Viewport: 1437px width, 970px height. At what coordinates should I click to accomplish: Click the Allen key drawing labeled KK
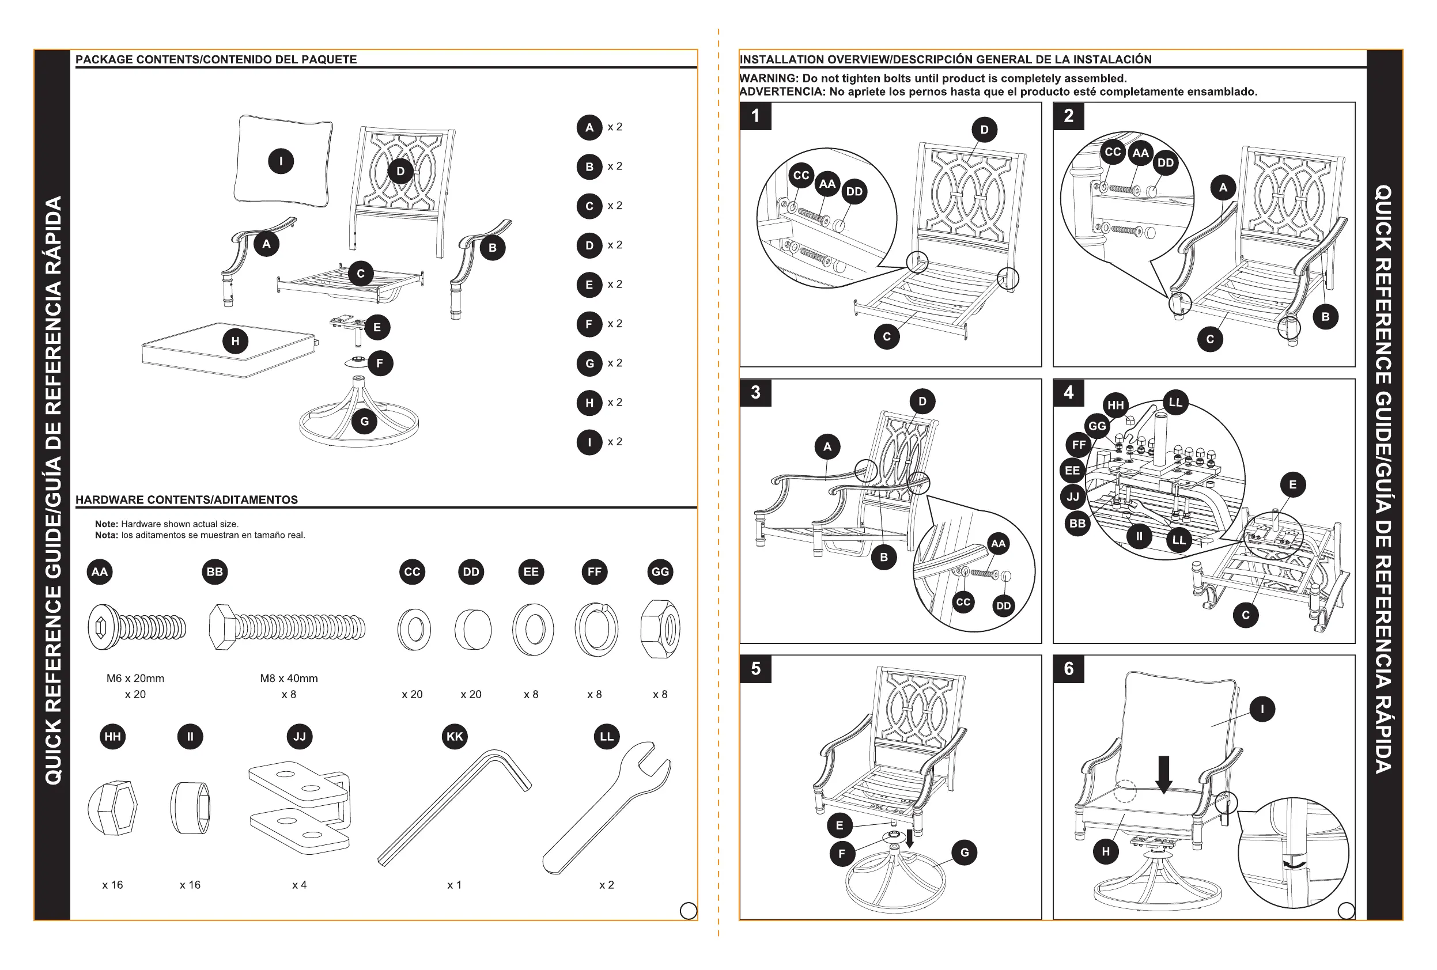[455, 807]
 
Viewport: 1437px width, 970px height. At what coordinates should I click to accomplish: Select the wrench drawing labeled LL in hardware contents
[606, 807]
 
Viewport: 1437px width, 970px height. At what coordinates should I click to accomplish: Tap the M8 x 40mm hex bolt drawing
[288, 627]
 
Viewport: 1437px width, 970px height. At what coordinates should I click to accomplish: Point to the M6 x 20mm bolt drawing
[136, 627]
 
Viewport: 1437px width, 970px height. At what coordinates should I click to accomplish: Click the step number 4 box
[1068, 393]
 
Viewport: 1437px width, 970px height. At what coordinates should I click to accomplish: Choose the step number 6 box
[1068, 669]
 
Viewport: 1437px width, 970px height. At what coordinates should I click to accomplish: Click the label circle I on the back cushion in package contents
[281, 161]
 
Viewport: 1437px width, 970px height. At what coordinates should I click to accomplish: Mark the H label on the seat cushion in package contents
[235, 340]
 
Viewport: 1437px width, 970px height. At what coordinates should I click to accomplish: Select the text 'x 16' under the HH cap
[112, 885]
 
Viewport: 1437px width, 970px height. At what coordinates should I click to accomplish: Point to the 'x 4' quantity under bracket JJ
[299, 885]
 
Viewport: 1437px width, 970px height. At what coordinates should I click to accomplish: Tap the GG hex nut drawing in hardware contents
[660, 630]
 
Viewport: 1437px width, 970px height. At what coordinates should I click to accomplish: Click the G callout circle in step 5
[964, 852]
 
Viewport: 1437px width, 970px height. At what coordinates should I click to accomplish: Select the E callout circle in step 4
[1292, 484]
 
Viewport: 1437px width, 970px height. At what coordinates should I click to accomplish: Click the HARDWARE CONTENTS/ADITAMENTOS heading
[187, 499]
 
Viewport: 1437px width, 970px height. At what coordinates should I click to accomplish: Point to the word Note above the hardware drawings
[106, 524]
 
